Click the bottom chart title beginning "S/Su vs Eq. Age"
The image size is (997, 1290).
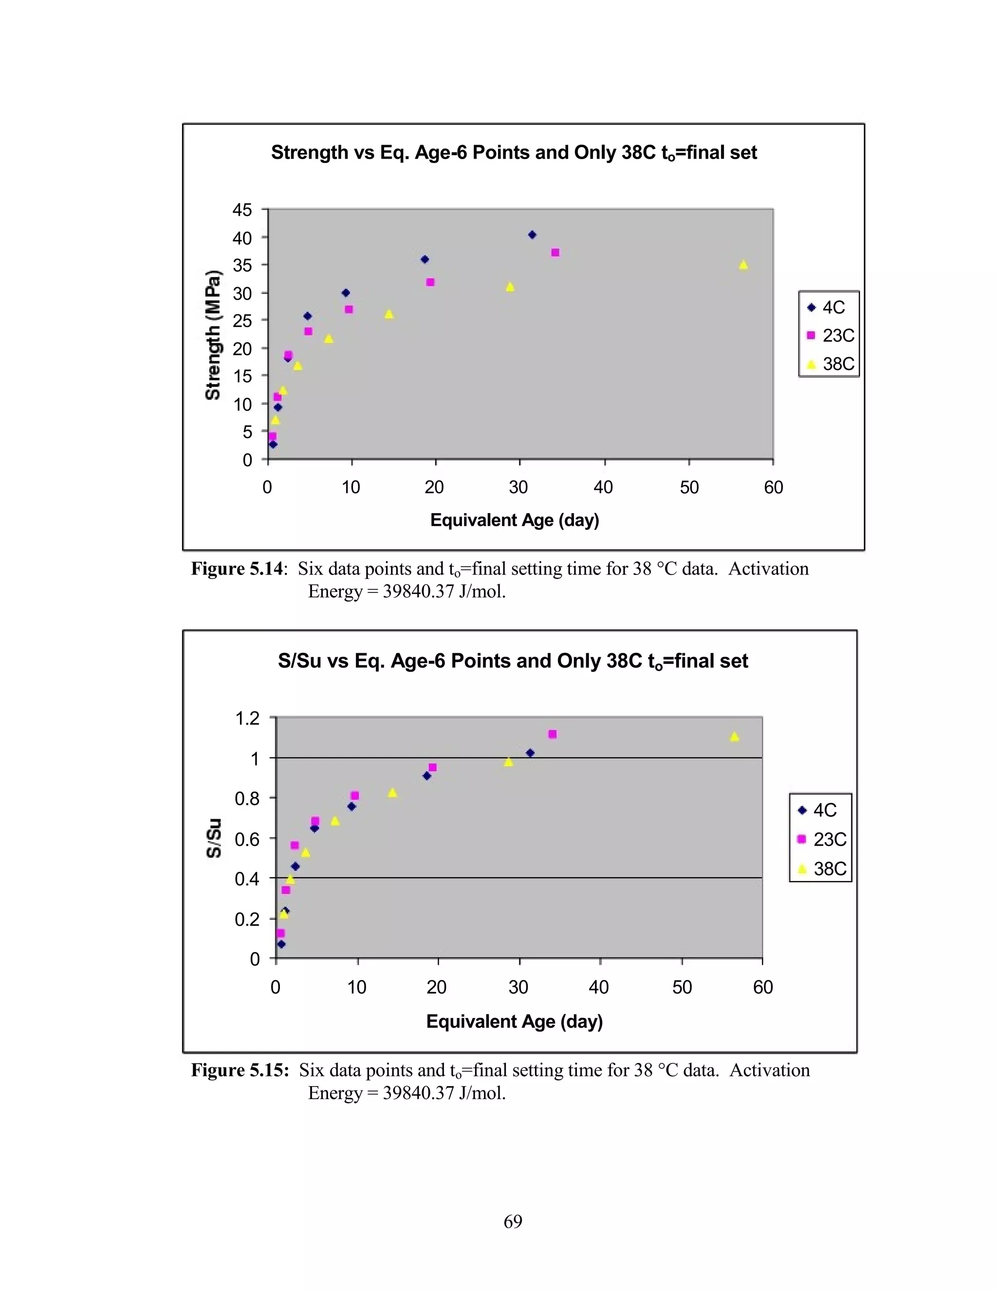[513, 661]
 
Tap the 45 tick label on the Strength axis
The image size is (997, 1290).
[242, 210]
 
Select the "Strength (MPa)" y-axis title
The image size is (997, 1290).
[213, 335]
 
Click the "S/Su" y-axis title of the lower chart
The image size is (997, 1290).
[214, 838]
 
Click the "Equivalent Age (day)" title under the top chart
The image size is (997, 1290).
[515, 520]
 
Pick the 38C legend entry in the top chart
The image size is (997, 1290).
[831, 364]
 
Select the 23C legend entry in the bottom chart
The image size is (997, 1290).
[822, 839]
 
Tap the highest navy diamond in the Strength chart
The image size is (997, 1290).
[532, 235]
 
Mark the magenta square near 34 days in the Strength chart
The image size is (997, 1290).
[555, 253]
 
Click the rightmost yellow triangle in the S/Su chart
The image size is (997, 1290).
[735, 737]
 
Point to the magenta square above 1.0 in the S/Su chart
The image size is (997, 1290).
[552, 734]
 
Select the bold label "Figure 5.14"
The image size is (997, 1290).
[237, 569]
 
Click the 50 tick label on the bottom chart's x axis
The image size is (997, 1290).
[682, 987]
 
